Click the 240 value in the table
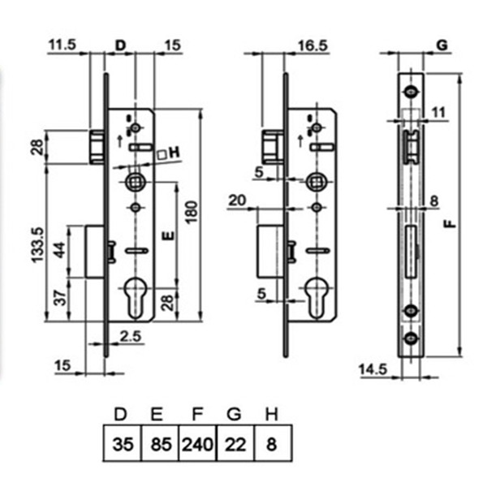(197, 444)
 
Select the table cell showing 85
(161, 444)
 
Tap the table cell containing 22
(235, 444)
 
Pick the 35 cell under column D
(123, 444)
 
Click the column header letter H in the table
(272, 414)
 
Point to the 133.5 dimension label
(38, 245)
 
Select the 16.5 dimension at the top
(312, 45)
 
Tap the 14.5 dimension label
(373, 369)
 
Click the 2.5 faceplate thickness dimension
(131, 336)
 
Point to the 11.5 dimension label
(62, 45)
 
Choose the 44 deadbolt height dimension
(59, 250)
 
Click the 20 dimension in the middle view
(237, 200)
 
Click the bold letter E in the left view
(168, 236)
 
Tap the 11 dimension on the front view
(439, 112)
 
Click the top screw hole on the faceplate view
(412, 92)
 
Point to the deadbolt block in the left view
(95, 252)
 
